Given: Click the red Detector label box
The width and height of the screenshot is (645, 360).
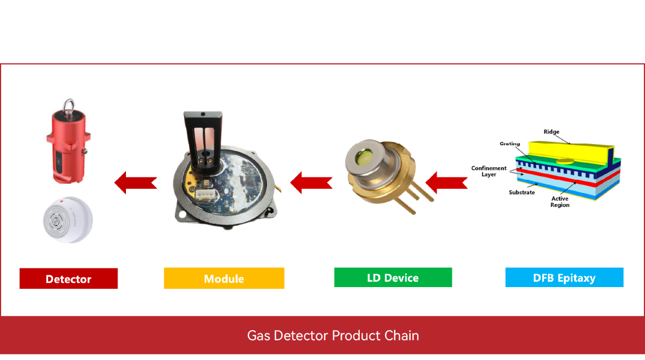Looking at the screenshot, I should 68,279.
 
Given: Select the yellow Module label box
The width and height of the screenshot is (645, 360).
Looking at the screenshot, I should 224,279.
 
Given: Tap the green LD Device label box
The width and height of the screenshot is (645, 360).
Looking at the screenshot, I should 393,277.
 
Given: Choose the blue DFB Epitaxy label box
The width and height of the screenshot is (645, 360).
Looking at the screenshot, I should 564,277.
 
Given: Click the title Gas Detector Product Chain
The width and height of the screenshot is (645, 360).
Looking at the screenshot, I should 333,336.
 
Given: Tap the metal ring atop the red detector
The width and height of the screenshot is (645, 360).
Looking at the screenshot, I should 69,106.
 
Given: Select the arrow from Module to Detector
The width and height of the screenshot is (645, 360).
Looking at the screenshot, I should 136,183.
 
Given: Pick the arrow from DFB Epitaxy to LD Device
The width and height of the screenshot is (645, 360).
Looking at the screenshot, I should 446,183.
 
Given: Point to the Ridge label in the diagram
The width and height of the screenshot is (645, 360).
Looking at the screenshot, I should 551,132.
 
